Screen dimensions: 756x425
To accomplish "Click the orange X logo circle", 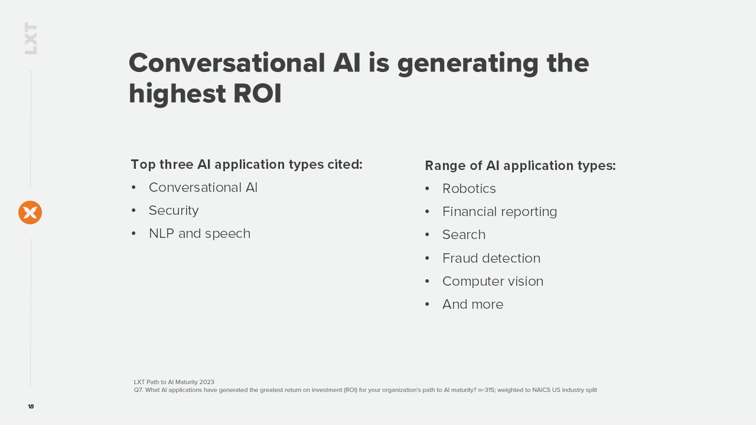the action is click(x=30, y=212).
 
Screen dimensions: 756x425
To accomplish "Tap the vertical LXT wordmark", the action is click(x=31, y=38).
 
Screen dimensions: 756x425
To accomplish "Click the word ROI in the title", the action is click(x=257, y=93).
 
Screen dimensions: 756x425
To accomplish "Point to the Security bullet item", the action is click(x=174, y=211).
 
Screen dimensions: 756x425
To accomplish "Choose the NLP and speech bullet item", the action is click(x=200, y=233).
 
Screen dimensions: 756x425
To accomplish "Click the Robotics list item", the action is click(x=469, y=188).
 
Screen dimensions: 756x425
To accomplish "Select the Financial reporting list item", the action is click(x=500, y=212).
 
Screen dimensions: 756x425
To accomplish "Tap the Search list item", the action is click(x=464, y=235).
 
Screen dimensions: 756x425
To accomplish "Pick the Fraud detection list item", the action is click(x=491, y=258).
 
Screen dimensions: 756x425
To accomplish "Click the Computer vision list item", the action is click(x=493, y=282).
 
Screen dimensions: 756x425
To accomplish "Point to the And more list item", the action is click(x=473, y=304).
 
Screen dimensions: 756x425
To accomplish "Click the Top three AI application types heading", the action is click(x=246, y=165).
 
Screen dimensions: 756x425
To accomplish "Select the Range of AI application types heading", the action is click(x=520, y=166).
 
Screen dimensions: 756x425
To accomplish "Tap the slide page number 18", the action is click(x=31, y=407).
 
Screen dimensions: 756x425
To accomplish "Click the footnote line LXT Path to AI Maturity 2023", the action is click(x=174, y=382).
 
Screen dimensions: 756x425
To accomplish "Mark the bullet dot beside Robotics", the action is click(x=427, y=188).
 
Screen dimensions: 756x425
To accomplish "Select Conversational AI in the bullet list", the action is click(x=203, y=188).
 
